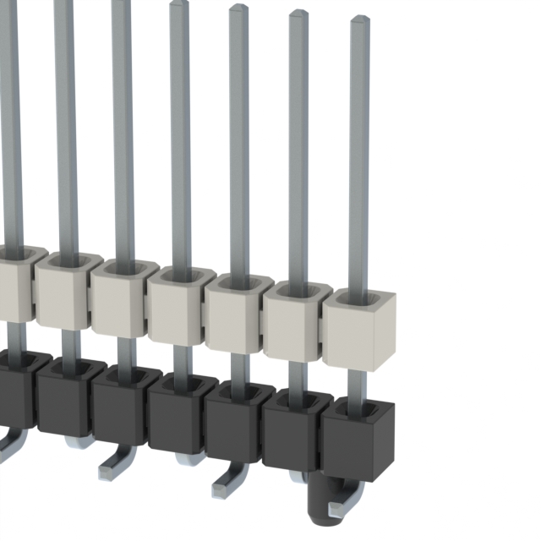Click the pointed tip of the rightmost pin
(x=359, y=19)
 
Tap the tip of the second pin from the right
(x=298, y=14)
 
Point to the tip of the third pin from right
(x=238, y=8)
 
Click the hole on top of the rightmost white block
(x=359, y=298)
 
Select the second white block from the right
(x=297, y=321)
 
